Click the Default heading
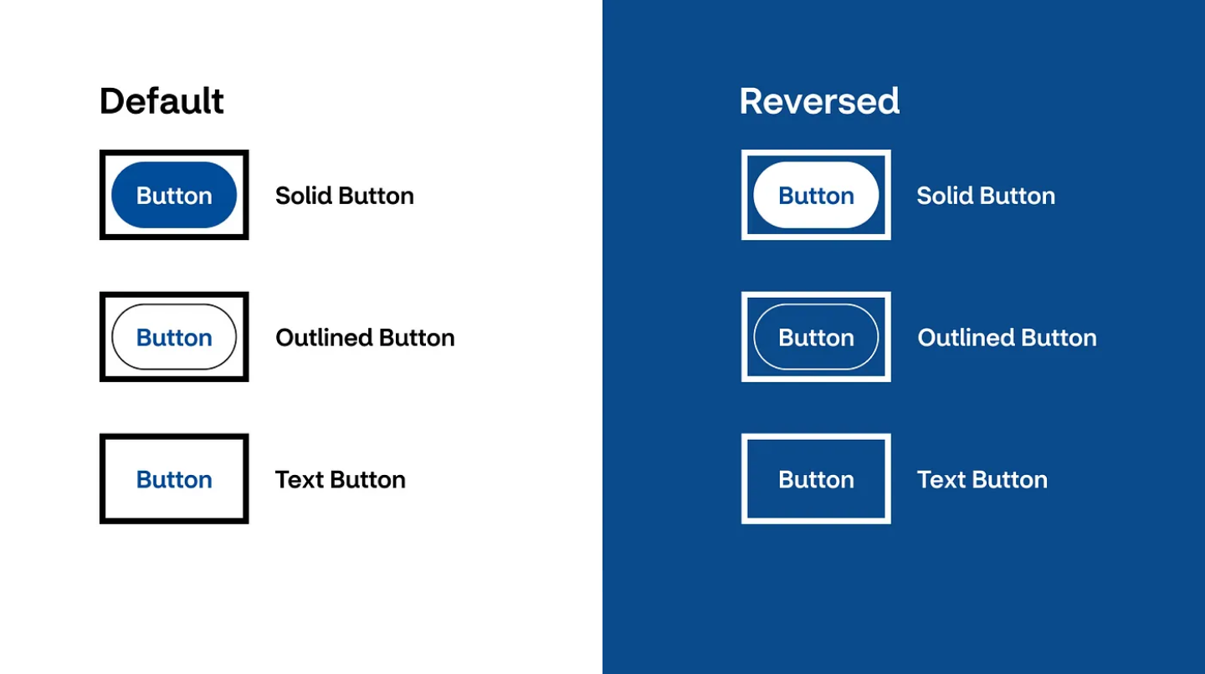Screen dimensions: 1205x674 point(162,101)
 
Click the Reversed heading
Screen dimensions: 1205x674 point(819,101)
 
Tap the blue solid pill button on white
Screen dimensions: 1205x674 point(174,195)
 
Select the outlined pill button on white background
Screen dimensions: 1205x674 point(174,337)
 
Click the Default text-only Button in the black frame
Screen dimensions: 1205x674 point(174,479)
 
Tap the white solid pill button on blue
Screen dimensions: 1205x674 point(816,195)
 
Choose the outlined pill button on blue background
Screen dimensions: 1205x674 point(816,337)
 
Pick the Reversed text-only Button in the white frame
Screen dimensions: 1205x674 point(816,479)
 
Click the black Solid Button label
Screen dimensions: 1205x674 point(344,196)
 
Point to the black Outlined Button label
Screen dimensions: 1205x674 point(365,338)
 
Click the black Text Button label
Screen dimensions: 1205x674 point(340,479)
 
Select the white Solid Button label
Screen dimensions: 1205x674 point(986,196)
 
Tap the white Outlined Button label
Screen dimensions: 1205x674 point(1007,338)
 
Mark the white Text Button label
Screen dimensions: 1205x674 point(982,479)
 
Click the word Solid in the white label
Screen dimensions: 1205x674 point(946,196)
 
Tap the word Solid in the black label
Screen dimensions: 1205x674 point(304,196)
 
